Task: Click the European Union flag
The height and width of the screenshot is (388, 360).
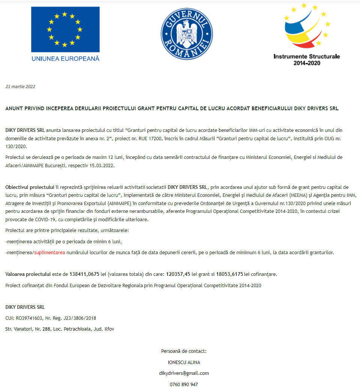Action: click(65, 30)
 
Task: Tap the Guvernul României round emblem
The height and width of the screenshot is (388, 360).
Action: click(186, 34)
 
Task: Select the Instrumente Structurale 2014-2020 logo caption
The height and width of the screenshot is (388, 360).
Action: click(307, 60)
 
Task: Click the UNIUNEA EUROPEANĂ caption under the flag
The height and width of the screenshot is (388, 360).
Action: click(65, 58)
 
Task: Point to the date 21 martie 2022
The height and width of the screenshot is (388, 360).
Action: click(20, 87)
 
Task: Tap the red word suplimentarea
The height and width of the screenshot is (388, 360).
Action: click(49, 253)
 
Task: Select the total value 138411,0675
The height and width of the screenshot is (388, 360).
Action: click(84, 274)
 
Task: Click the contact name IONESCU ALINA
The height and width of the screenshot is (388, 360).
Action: click(184, 362)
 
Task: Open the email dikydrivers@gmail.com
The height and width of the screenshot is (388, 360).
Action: click(184, 373)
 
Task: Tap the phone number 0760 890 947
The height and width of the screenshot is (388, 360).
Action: click(184, 384)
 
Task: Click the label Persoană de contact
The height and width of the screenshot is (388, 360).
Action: click(184, 351)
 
